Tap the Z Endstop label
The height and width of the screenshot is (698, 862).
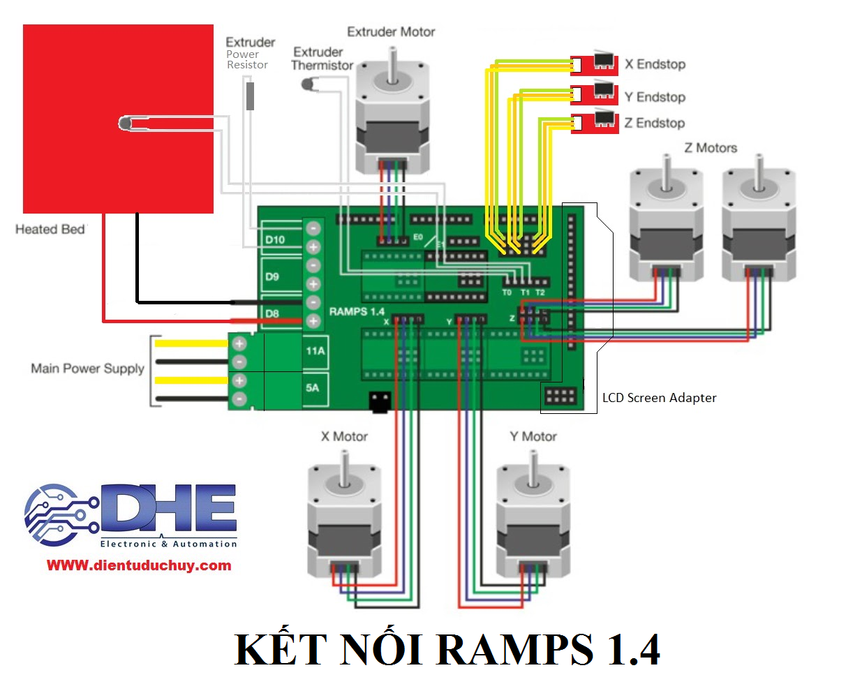[654, 124]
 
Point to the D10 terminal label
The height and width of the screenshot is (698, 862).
[274, 239]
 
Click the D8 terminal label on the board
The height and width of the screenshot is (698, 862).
[272, 313]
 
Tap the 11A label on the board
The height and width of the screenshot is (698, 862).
[315, 351]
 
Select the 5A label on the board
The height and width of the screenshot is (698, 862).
[312, 387]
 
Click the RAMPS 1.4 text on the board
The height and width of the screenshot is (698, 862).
[357, 311]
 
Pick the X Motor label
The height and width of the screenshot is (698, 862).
[344, 436]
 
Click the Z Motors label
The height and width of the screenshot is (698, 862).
[711, 148]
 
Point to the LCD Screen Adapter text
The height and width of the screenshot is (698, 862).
[659, 398]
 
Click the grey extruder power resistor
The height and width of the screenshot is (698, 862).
[250, 96]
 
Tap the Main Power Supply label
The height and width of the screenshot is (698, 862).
[87, 369]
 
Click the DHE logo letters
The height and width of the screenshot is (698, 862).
[168, 507]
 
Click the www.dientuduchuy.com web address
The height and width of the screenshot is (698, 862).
[139, 565]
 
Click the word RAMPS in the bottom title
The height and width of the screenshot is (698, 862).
[515, 650]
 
